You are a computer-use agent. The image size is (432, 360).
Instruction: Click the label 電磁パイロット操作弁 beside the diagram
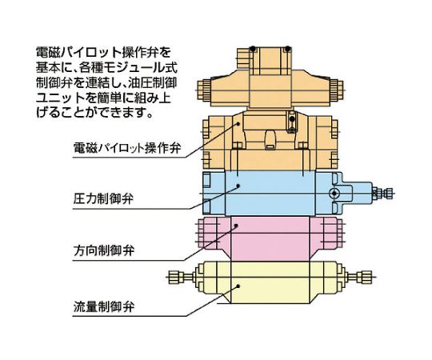(x=127, y=148)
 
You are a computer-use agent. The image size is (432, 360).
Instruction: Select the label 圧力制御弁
(x=103, y=198)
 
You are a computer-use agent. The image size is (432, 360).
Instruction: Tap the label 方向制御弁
(x=103, y=250)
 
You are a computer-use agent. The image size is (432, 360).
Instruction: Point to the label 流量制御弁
(x=103, y=306)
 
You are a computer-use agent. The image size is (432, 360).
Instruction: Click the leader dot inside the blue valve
(x=238, y=186)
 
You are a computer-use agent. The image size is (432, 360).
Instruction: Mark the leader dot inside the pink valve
(x=236, y=226)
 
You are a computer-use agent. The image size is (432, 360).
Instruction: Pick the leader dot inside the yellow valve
(x=238, y=286)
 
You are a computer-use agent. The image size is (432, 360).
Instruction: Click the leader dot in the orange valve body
(x=238, y=124)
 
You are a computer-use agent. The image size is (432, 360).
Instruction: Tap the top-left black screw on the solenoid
(x=253, y=49)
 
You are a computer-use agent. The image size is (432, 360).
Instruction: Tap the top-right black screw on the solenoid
(x=288, y=49)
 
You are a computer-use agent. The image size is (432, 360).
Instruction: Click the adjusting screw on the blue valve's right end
(x=382, y=193)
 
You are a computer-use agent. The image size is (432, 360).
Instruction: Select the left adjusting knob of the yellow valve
(x=180, y=277)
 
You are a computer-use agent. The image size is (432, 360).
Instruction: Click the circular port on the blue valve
(x=334, y=193)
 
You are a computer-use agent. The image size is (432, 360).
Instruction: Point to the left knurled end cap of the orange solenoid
(x=203, y=90)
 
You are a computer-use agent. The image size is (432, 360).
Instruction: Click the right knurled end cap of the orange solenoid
(x=336, y=90)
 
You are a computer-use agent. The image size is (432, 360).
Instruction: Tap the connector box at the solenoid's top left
(x=243, y=58)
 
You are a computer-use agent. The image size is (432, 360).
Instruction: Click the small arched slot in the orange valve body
(x=270, y=139)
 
